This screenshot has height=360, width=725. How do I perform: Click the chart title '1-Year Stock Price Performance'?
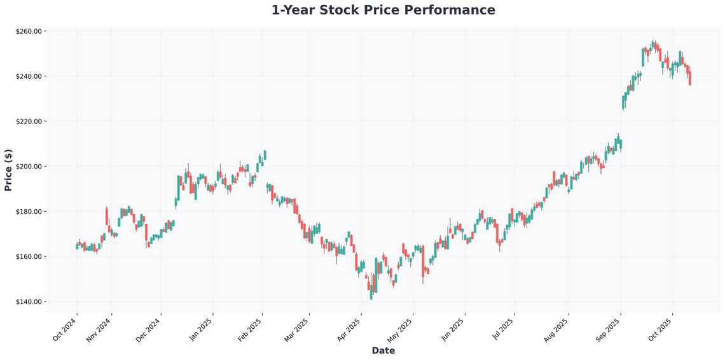point(383,10)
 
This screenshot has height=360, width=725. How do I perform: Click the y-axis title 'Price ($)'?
point(8,170)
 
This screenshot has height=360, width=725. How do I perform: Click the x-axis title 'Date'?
point(383,350)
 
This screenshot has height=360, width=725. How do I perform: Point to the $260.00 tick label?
point(29,31)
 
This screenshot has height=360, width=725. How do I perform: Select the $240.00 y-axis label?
point(29,76)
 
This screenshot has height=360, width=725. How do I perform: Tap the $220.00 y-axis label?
point(29,121)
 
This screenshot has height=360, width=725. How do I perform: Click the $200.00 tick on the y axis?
point(29,167)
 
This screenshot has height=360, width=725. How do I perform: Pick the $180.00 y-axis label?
point(29,212)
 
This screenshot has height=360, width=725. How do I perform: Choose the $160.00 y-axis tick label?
point(29,257)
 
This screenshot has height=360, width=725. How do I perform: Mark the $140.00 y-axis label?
point(29,302)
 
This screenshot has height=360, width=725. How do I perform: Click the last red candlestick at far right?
point(690,78)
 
